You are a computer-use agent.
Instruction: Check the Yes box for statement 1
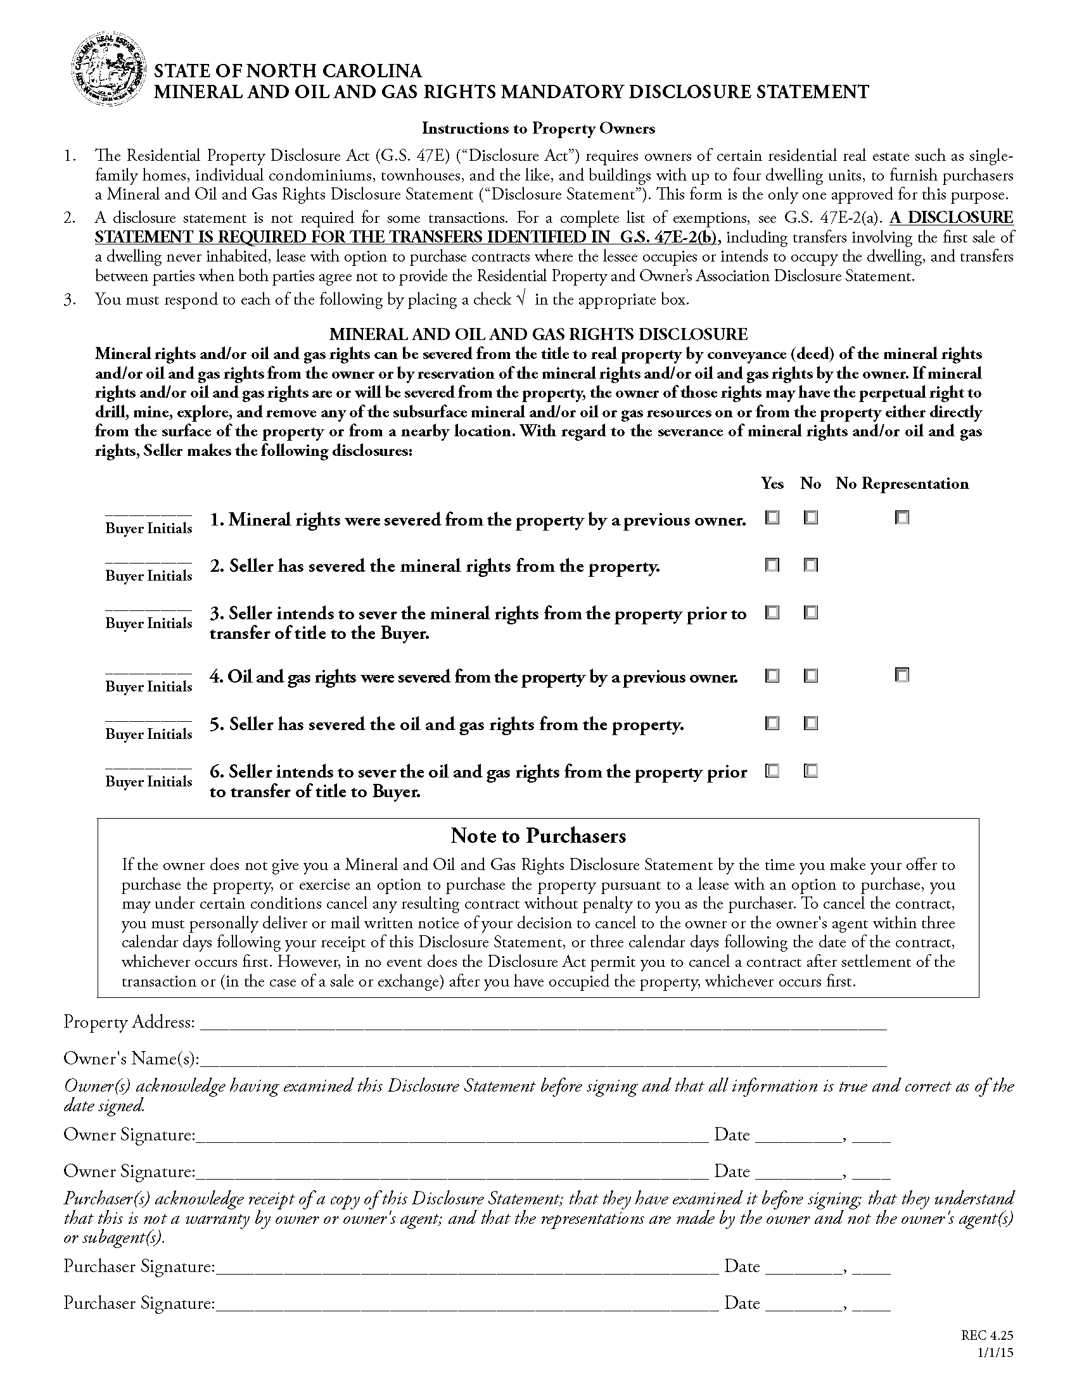[x=772, y=518]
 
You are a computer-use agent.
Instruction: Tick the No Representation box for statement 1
[x=902, y=518]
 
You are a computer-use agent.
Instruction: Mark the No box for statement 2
[x=810, y=565]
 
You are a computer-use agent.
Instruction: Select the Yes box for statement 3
[x=772, y=613]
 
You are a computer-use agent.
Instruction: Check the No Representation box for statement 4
[x=902, y=675]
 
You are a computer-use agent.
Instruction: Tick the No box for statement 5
[x=810, y=723]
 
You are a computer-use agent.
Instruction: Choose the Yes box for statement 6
[x=772, y=771]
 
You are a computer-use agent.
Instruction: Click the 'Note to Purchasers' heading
[x=538, y=836]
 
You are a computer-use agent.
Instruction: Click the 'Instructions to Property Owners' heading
[x=538, y=128]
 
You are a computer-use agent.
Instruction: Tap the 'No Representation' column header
[x=902, y=484]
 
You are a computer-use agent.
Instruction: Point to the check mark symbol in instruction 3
[x=521, y=299]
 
